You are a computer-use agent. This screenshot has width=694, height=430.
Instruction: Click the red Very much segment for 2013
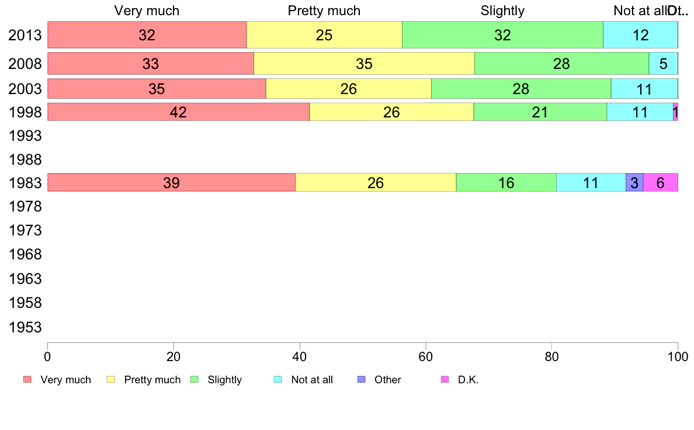click(x=147, y=35)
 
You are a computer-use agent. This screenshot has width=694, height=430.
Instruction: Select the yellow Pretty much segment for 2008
click(x=364, y=64)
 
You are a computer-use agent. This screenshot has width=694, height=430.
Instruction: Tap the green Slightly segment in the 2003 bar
click(x=520, y=89)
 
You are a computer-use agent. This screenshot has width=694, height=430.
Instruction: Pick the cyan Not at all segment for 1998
click(x=640, y=112)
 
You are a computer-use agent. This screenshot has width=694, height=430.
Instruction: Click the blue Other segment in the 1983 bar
click(x=634, y=183)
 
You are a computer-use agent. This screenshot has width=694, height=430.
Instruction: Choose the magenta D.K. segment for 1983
click(x=660, y=183)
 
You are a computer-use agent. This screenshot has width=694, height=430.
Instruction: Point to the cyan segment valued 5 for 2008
click(x=663, y=64)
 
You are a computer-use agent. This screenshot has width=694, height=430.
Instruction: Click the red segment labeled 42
click(x=178, y=112)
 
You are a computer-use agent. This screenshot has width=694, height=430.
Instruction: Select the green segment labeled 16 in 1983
click(x=506, y=183)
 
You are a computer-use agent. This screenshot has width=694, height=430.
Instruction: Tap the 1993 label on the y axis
click(x=25, y=136)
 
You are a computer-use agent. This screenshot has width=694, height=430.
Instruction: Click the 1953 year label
click(x=25, y=327)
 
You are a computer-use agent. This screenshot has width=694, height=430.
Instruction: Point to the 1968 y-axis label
click(x=25, y=255)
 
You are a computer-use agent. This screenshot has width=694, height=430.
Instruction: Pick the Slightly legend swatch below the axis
click(x=195, y=380)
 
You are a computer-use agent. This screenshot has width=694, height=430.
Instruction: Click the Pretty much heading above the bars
click(x=324, y=11)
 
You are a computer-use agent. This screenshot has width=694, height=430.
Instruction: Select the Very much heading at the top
click(x=147, y=11)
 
